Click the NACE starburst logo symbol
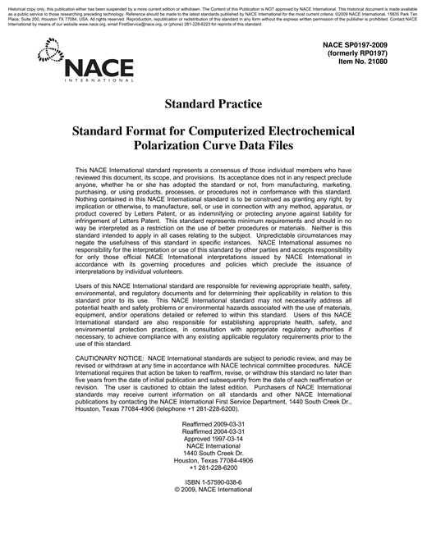[49, 53]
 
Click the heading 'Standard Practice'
[213, 104]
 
